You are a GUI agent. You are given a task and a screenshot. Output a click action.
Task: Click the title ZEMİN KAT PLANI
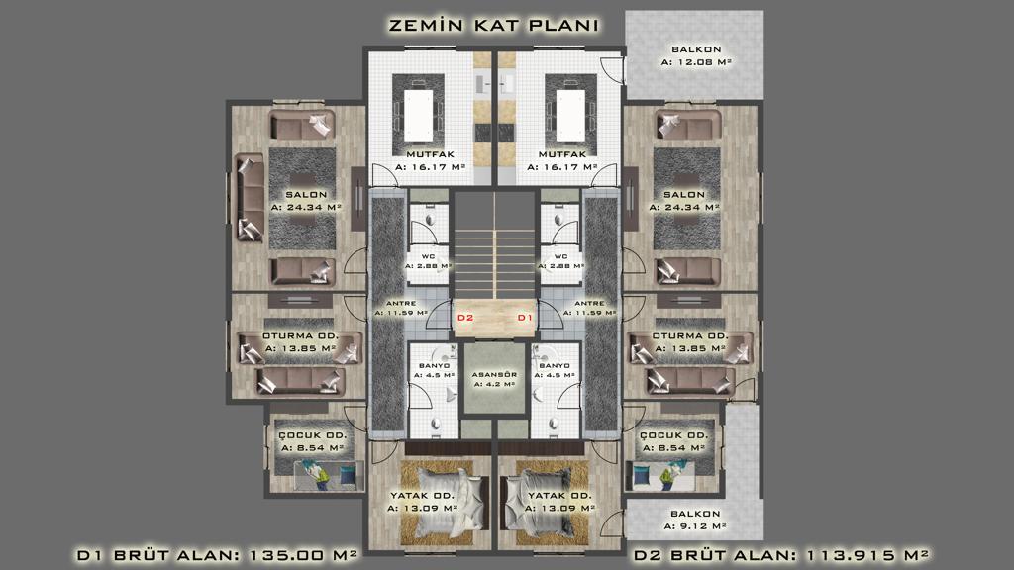tap(493, 25)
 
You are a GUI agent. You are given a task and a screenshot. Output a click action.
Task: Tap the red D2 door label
tap(465, 318)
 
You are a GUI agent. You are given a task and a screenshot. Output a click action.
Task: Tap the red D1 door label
tap(525, 318)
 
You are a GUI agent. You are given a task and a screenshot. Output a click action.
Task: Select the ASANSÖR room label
tap(494, 375)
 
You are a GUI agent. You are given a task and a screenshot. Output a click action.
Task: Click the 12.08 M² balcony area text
tap(696, 62)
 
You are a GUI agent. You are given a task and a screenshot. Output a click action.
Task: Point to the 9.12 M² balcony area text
tap(695, 526)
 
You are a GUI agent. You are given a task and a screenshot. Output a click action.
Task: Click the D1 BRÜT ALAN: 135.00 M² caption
tap(217, 555)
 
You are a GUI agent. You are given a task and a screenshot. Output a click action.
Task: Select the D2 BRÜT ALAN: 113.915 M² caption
tap(781, 555)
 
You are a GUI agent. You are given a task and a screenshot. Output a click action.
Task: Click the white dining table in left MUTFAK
tap(419, 115)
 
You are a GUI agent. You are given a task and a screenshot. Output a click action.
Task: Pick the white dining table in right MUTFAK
tap(570, 115)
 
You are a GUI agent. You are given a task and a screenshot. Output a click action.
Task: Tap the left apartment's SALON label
tap(307, 195)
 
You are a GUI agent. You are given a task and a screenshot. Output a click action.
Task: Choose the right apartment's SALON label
tap(684, 195)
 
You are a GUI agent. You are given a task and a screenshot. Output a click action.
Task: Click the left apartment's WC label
tap(428, 256)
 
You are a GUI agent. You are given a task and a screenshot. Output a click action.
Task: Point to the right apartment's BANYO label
tap(554, 366)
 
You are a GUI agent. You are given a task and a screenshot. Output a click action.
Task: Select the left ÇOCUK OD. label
tap(313, 435)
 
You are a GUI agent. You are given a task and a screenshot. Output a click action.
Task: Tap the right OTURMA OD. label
tap(690, 336)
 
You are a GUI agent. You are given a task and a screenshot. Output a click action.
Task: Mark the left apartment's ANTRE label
tap(401, 303)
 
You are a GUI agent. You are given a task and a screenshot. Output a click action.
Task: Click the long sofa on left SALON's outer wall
tap(250, 198)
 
